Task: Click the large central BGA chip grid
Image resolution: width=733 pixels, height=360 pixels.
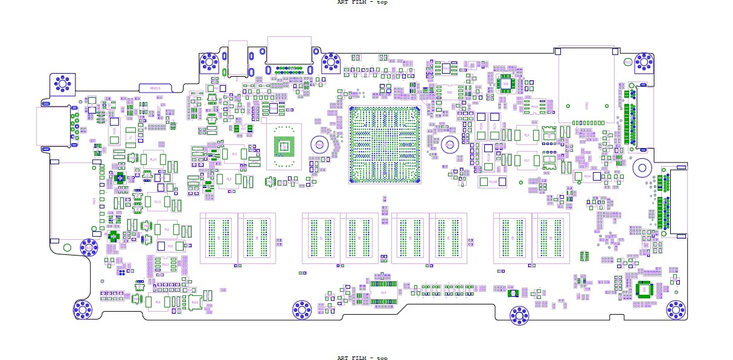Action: pyautogui.click(x=384, y=144)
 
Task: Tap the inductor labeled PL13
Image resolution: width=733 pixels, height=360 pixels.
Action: pyautogui.click(x=157, y=201)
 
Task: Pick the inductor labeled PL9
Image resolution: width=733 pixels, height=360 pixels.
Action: pyautogui.click(x=234, y=153)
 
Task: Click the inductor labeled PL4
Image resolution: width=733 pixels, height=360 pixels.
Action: pyautogui.click(x=527, y=135)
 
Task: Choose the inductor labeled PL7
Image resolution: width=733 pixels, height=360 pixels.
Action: pyautogui.click(x=527, y=161)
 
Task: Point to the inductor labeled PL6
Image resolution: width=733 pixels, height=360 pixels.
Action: pyautogui.click(x=157, y=301)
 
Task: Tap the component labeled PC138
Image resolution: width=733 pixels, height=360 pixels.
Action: pyautogui.click(x=492, y=181)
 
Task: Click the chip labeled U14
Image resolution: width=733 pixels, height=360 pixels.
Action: pyautogui.click(x=383, y=293)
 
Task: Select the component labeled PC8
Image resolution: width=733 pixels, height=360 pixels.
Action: pyautogui.click(x=170, y=246)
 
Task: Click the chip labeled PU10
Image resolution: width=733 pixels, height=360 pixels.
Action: pyautogui.click(x=194, y=302)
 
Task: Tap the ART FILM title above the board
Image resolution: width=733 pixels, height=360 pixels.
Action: pyautogui.click(x=362, y=2)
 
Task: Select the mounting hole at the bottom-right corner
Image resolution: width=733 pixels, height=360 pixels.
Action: pyautogui.click(x=676, y=309)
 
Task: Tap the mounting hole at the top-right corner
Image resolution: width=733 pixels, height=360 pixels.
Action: pyautogui.click(x=644, y=62)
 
